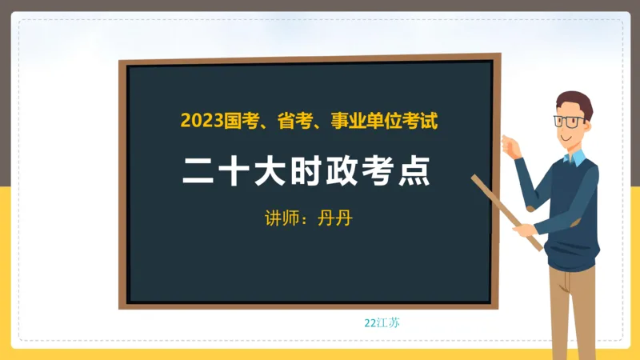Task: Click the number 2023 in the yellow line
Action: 202,122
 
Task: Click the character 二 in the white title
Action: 198,171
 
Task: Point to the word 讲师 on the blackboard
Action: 278,218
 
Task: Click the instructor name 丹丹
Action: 334,218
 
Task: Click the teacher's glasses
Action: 569,122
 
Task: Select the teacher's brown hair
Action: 575,102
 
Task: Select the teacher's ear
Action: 590,126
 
